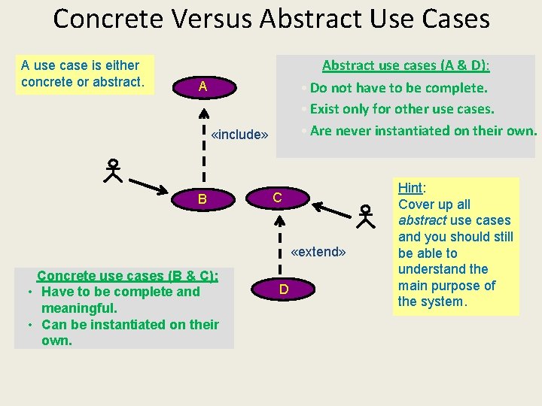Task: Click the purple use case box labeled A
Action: [x=202, y=87]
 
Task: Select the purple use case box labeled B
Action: [x=202, y=199]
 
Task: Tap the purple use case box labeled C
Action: [x=277, y=198]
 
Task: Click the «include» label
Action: [x=240, y=135]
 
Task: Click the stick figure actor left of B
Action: [x=113, y=171]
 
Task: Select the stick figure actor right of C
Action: [x=366, y=216]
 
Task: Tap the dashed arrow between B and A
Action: [x=202, y=143]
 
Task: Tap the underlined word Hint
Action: [x=410, y=188]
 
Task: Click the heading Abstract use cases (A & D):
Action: [x=405, y=65]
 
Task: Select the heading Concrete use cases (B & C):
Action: [x=127, y=275]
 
